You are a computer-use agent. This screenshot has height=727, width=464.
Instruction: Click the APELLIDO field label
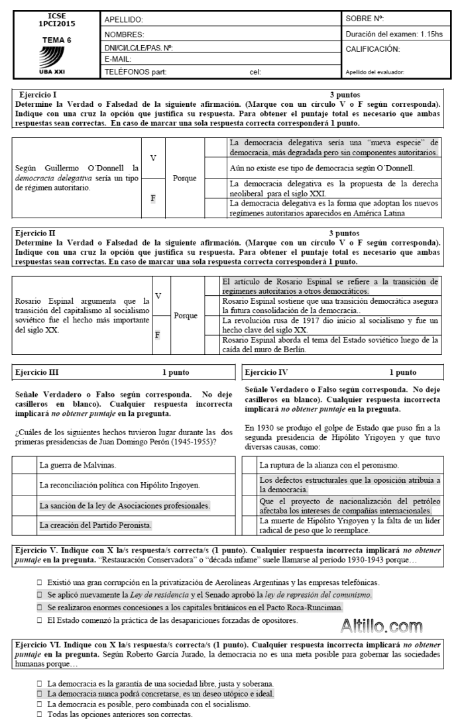(125, 21)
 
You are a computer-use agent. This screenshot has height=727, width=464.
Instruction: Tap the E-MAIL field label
(121, 60)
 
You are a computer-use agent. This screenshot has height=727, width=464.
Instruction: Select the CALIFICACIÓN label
(373, 48)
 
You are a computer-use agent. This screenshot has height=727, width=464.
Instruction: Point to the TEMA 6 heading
(57, 39)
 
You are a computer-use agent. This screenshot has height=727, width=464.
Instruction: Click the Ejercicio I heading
(38, 96)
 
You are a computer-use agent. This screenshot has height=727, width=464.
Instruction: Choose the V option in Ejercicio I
(153, 159)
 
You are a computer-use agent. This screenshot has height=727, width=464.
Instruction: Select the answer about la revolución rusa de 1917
(330, 325)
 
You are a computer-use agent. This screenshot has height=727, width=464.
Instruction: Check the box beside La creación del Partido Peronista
(26, 525)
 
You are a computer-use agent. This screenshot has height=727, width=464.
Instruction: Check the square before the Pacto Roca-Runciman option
(40, 608)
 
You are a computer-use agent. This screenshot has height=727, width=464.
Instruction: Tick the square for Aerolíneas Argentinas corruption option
(40, 582)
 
